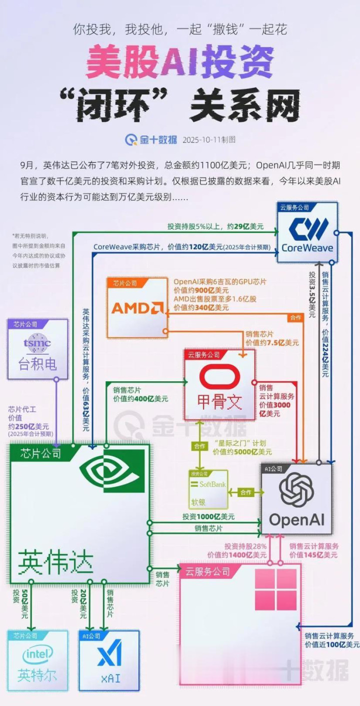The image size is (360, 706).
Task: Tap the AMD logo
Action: click(x=137, y=307)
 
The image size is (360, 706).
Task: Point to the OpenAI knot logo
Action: click(x=296, y=490)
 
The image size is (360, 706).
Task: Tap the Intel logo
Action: click(x=37, y=655)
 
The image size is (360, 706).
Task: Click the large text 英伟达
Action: click(x=56, y=562)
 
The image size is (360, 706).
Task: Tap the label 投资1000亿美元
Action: click(x=208, y=517)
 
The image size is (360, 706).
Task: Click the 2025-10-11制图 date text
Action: click(x=209, y=140)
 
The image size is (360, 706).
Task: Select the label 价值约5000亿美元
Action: click(x=242, y=452)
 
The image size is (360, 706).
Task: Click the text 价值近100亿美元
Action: click(x=332, y=645)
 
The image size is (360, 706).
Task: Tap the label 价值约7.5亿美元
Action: click(x=272, y=343)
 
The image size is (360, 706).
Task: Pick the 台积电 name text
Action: click(x=37, y=363)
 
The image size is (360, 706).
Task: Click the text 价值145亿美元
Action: click(x=313, y=555)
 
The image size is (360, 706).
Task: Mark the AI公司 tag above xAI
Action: click(x=90, y=636)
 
